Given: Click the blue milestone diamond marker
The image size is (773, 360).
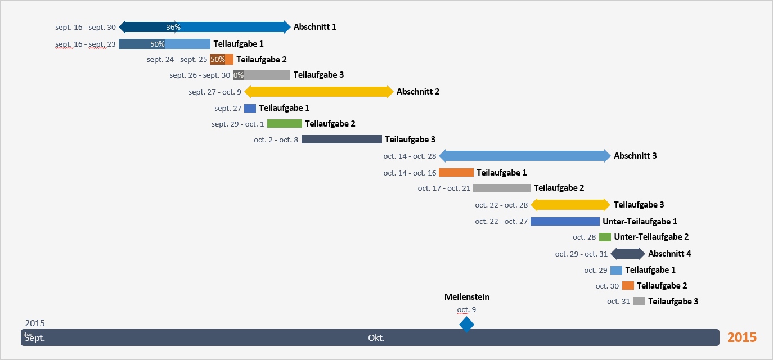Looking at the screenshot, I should tap(466, 325).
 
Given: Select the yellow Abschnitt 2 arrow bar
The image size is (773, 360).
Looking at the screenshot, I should tap(318, 92).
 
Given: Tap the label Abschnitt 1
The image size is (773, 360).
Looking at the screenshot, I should tap(314, 27).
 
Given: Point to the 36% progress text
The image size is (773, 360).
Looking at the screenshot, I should tap(173, 27).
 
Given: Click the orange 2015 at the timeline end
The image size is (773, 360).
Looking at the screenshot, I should tap(741, 337).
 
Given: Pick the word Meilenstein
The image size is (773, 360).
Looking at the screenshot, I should tap(466, 297).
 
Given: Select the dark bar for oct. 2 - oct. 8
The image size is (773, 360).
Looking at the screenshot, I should tap(341, 139).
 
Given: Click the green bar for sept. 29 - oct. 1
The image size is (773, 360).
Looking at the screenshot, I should tap(284, 124).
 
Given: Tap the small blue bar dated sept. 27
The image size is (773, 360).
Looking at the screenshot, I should tap(250, 108).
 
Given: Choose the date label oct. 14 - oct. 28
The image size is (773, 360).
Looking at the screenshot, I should tap(410, 156).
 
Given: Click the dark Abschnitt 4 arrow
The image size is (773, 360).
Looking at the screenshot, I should tap(628, 254).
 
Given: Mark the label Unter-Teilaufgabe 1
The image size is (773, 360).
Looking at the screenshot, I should tap(640, 222).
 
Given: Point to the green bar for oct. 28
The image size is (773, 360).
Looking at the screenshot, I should tap(605, 237).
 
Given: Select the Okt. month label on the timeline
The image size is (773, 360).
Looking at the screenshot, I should tap(376, 338).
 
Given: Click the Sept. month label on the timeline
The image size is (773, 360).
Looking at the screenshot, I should tap(35, 338).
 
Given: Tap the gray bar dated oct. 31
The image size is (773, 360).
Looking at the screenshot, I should tap(639, 301).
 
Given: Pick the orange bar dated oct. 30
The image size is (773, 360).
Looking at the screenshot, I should tap(628, 286).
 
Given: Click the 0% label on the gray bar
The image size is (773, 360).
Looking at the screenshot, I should tap(239, 75).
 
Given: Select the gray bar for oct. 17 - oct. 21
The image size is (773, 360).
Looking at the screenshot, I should tap(501, 188).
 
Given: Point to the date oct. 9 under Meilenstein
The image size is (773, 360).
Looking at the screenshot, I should tap(466, 309).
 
